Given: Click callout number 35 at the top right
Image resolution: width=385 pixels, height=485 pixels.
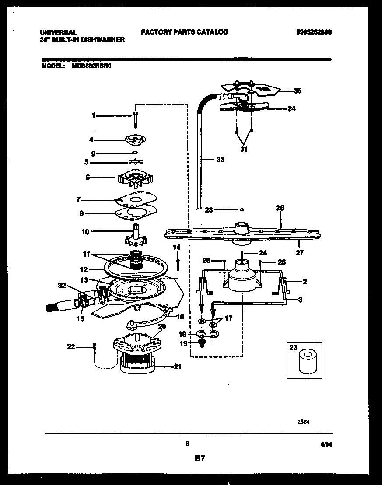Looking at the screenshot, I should coord(297,91).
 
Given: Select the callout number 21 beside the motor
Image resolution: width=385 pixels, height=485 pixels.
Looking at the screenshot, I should coord(177,366).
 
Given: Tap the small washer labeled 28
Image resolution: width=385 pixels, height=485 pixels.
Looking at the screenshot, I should coord(242,209).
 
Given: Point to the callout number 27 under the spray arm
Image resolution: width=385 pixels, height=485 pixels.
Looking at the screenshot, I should coord(299,252).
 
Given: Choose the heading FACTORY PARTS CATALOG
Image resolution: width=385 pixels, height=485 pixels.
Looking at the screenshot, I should coord(184,32).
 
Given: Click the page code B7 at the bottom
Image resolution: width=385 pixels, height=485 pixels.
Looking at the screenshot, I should coord(199,458).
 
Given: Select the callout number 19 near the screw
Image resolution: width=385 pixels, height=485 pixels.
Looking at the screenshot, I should coord(183,343).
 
